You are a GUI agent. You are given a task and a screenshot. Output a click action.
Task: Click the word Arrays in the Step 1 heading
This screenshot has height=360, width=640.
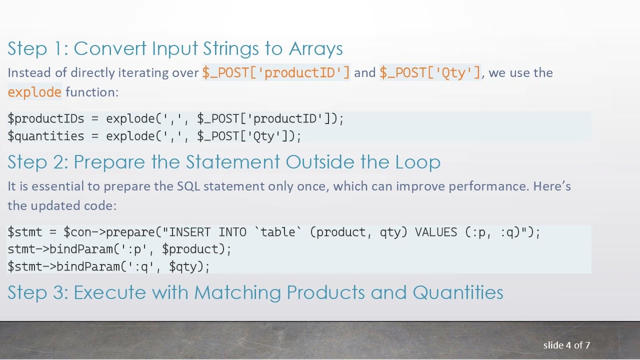point(315,48)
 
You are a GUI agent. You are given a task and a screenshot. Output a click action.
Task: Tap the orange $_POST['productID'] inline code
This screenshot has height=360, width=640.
point(276,72)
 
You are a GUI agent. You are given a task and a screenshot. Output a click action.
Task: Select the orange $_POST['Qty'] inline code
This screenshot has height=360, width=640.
point(430,72)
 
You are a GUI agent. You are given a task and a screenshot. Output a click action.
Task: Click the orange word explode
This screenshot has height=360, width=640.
point(34,92)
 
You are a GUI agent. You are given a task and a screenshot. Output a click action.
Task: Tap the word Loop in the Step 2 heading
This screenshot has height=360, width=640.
point(417,162)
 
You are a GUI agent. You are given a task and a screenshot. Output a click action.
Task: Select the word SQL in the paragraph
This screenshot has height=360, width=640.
point(188,186)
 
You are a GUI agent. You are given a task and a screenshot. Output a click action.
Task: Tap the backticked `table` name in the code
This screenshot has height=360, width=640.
point(278,232)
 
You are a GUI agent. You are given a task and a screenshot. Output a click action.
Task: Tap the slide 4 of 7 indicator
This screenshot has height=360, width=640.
point(566,345)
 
